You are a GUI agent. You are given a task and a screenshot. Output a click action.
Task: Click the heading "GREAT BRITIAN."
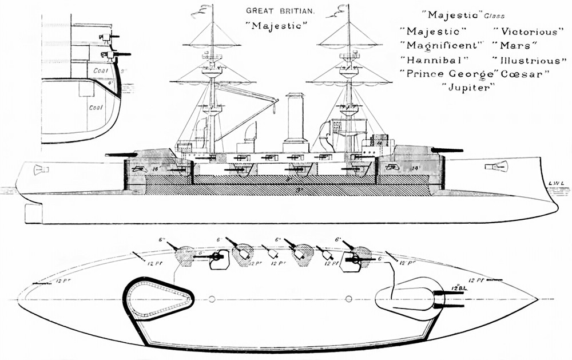coord(274,11)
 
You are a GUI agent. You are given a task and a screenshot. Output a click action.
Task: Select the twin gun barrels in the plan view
coord(443,299)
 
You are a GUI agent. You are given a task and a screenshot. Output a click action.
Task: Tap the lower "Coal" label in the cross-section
coord(95,107)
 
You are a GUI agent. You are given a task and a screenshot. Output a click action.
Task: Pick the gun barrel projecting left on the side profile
coord(121,155)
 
